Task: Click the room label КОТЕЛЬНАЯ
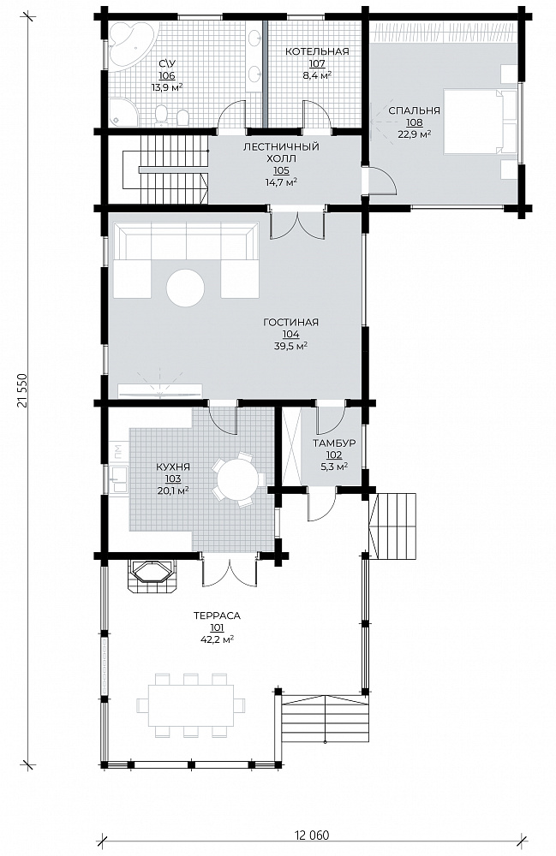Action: (317, 51)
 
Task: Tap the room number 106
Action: (167, 76)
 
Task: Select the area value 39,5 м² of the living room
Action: (290, 346)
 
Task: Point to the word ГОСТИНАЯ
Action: (290, 322)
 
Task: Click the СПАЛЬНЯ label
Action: (414, 110)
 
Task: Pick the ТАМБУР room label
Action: (334, 443)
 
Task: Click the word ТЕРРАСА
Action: (217, 615)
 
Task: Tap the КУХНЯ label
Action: (173, 467)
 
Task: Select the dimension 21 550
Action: (22, 391)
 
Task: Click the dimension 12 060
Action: (313, 835)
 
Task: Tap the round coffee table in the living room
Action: (186, 288)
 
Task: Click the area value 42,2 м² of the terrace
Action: (217, 639)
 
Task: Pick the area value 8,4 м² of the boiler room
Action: (317, 74)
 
